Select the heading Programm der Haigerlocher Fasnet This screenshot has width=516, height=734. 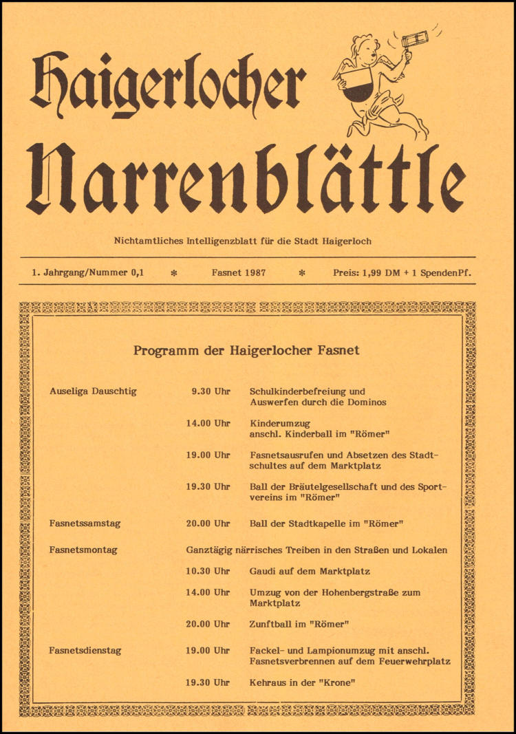[x=246, y=350]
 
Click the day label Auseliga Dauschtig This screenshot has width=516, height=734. [x=93, y=391]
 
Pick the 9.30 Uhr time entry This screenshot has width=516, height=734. [x=211, y=391]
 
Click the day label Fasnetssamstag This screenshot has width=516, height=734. [x=85, y=523]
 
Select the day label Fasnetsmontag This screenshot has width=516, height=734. [x=83, y=550]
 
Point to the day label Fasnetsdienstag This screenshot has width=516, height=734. [x=87, y=650]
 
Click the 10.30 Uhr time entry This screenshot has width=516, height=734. [x=208, y=571]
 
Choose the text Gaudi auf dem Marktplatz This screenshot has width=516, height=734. [x=310, y=571]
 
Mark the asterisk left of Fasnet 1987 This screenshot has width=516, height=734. [x=174, y=273]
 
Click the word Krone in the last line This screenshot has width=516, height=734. [x=341, y=682]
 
